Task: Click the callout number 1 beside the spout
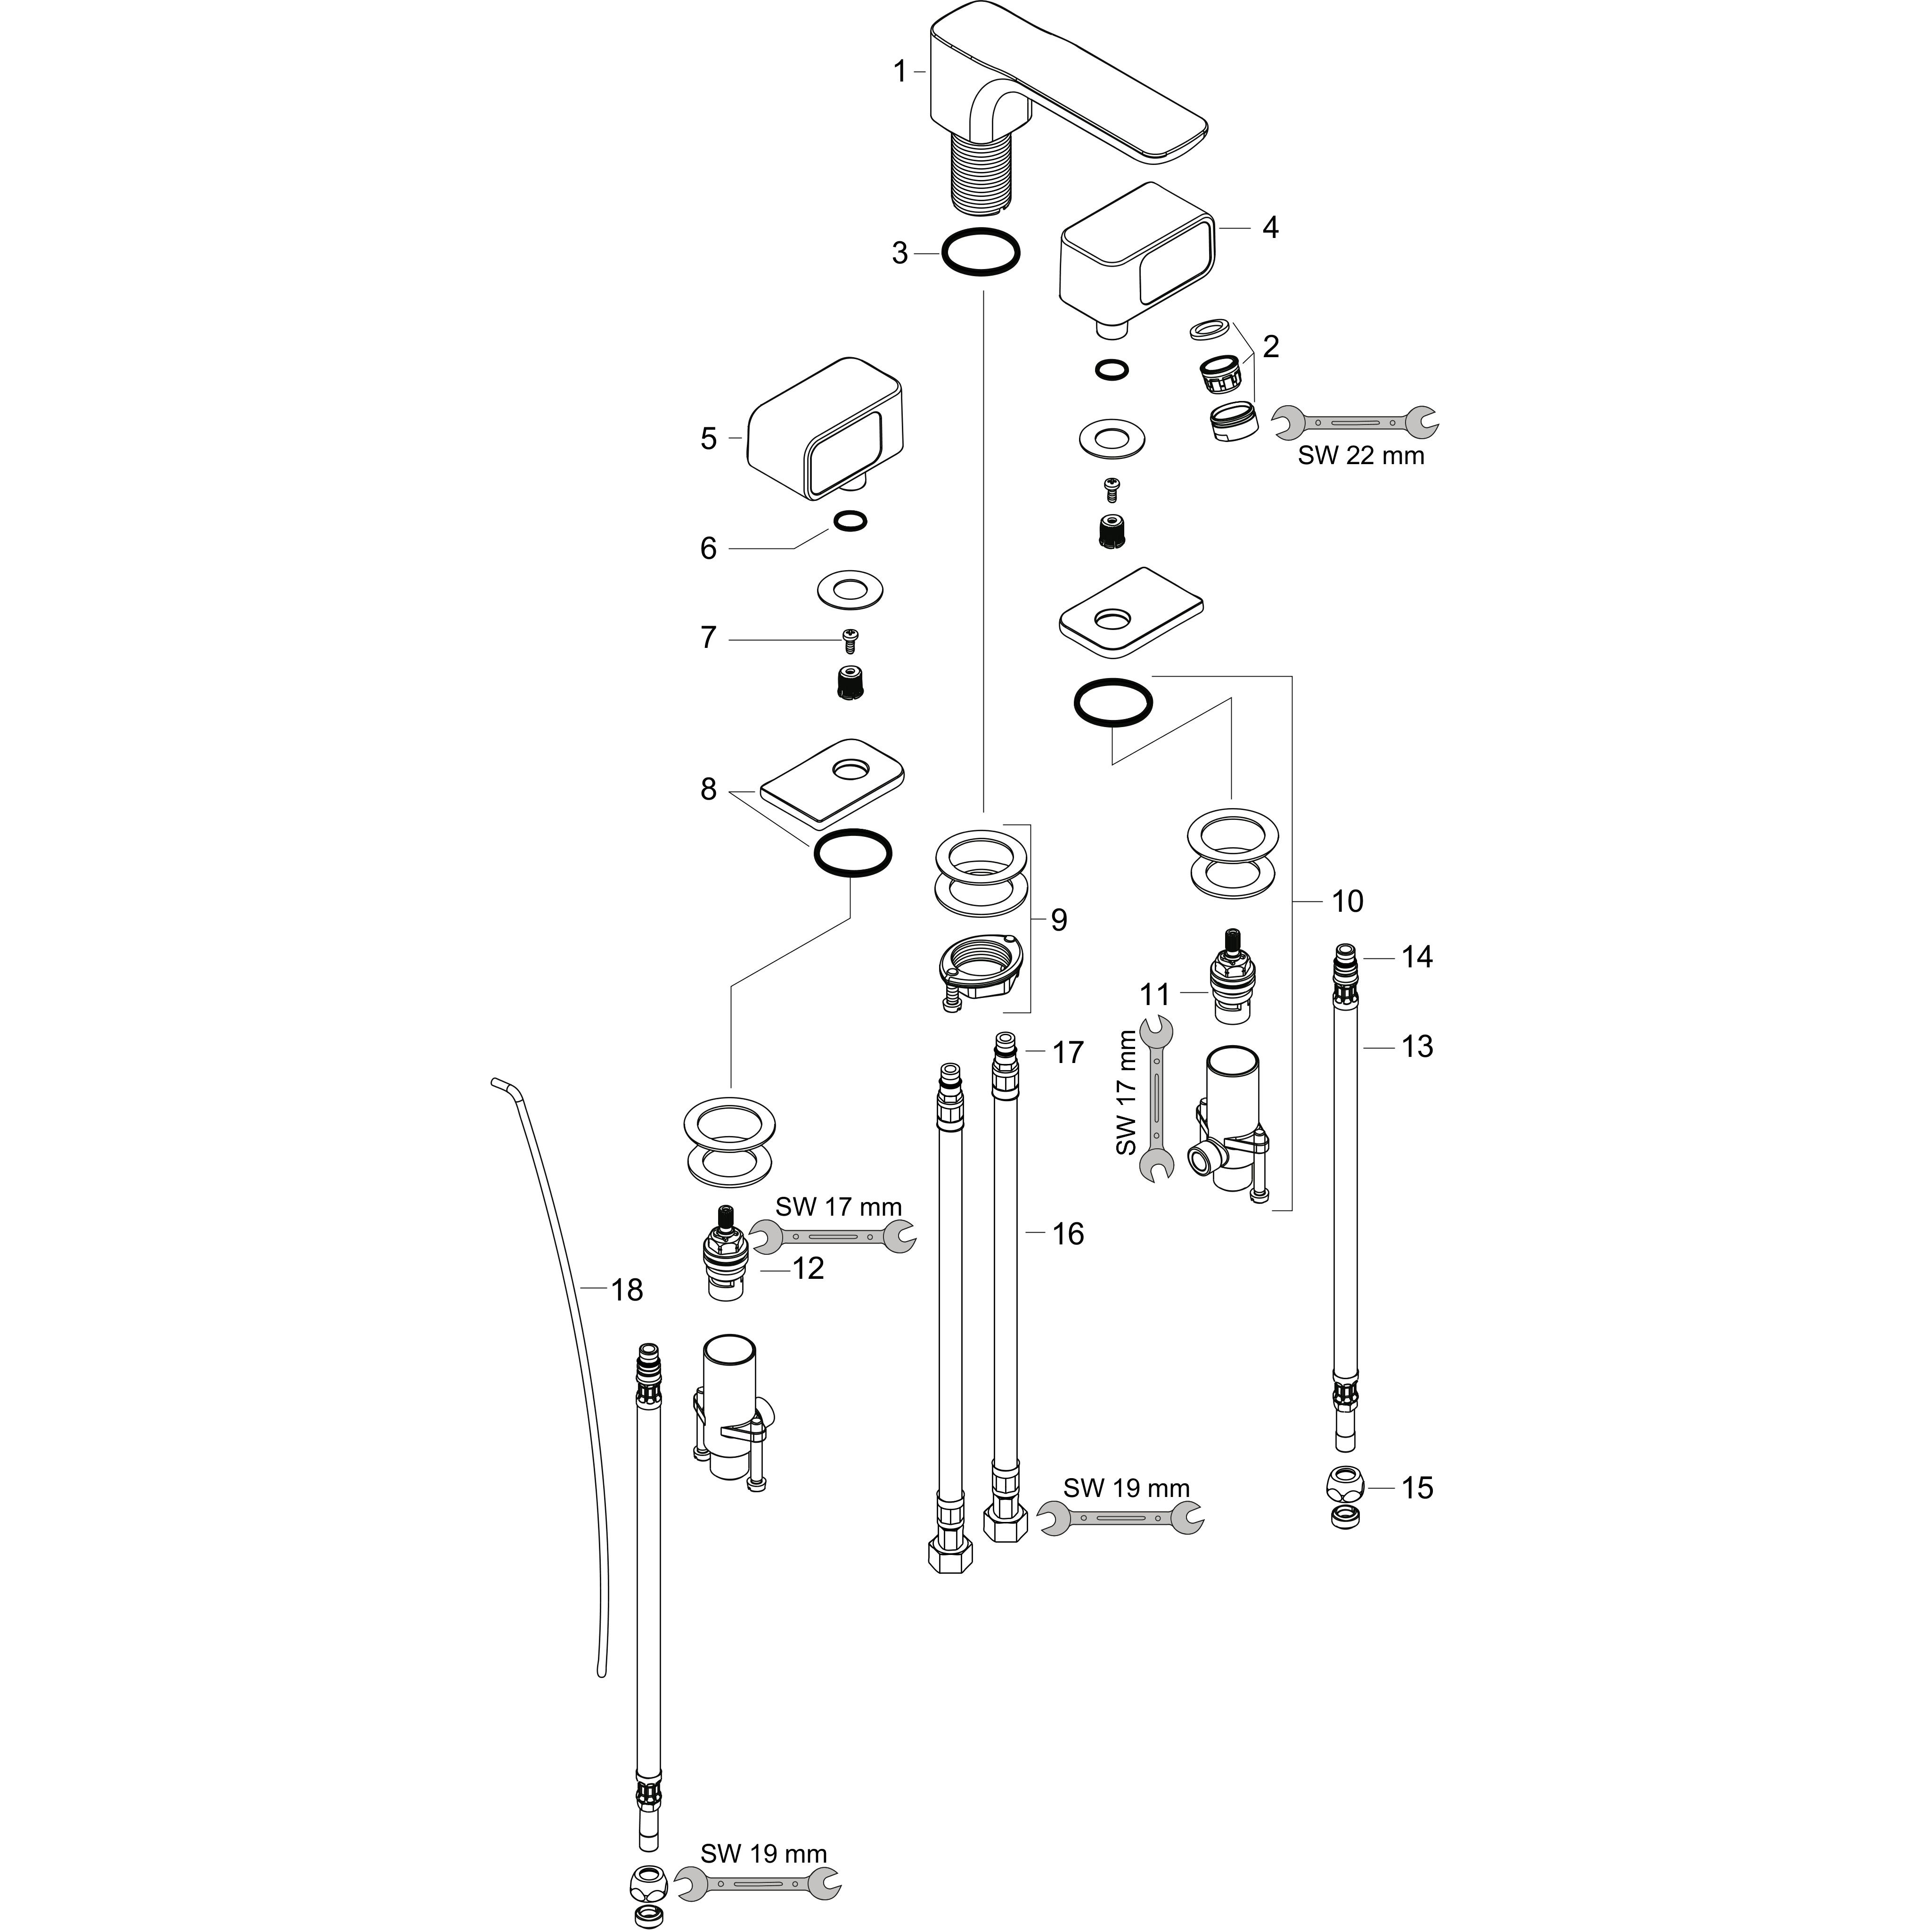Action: (899, 72)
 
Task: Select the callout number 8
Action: (708, 789)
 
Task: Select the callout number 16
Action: (1068, 1234)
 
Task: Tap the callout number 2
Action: (1271, 347)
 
